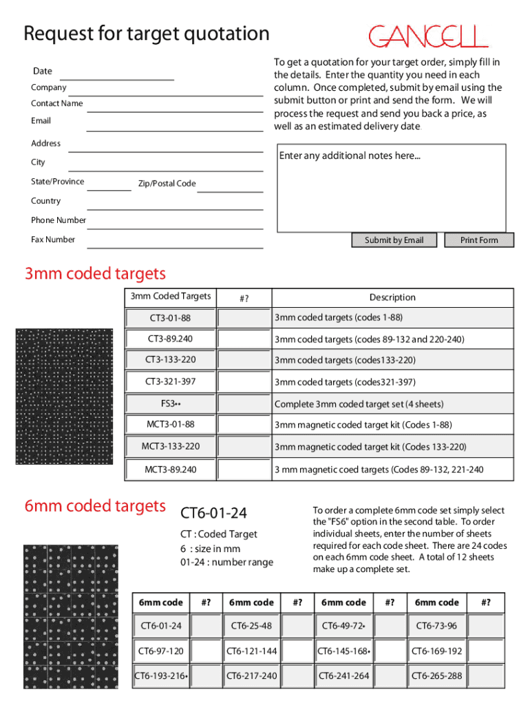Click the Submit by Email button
pyautogui.click(x=394, y=240)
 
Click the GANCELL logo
pyautogui.click(x=428, y=36)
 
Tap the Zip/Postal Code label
pyautogui.click(x=167, y=184)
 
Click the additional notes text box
pyautogui.click(x=391, y=187)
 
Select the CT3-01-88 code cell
pyautogui.click(x=170, y=318)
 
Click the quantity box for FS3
pyautogui.click(x=244, y=403)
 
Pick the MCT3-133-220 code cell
pyautogui.click(x=170, y=446)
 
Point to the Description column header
pyautogui.click(x=392, y=297)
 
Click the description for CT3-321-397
pyautogui.click(x=345, y=382)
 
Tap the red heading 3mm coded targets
pyautogui.click(x=95, y=274)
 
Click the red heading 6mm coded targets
pyautogui.click(x=95, y=506)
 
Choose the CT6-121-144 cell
pyautogui.click(x=252, y=651)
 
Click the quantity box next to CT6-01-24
pyautogui.click(x=204, y=626)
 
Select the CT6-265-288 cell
pyautogui.click(x=436, y=675)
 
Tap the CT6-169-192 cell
pyautogui.click(x=436, y=651)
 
